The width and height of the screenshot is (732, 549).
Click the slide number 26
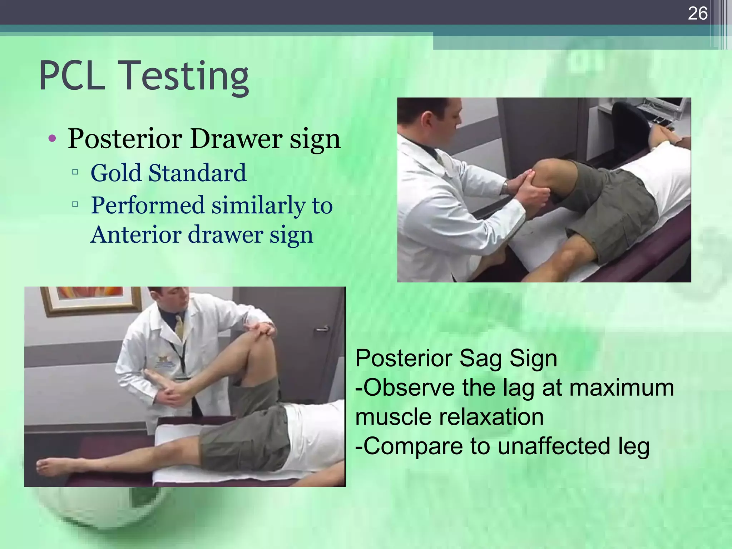coord(697,14)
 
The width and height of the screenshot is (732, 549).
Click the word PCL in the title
coord(72,76)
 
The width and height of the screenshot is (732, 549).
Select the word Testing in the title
coord(186,77)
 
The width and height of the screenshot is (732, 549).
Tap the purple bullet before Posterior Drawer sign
coord(52,138)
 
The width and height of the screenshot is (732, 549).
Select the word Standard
coord(197,173)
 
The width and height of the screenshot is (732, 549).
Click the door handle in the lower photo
coord(322,329)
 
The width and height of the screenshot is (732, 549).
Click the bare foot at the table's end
coord(54,466)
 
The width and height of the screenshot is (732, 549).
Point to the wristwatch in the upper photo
coord(505,187)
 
